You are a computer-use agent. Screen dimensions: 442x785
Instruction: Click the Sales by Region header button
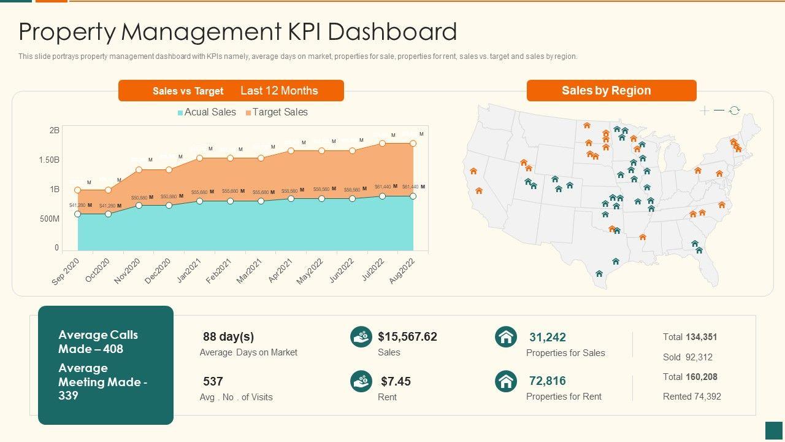(x=611, y=91)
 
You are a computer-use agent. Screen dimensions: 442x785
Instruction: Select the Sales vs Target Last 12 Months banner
(x=231, y=91)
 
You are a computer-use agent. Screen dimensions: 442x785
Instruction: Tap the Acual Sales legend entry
(x=207, y=112)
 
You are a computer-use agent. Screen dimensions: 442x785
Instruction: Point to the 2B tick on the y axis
(x=55, y=130)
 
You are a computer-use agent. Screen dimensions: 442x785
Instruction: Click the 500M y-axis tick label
(x=50, y=219)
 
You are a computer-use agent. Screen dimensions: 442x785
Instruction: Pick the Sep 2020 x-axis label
(x=66, y=271)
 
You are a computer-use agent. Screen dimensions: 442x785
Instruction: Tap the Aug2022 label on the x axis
(x=403, y=270)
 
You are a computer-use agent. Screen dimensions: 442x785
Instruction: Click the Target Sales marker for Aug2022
(x=413, y=143)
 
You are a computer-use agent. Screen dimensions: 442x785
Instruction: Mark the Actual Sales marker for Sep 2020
(x=78, y=214)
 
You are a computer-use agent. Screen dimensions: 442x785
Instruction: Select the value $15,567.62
(x=407, y=336)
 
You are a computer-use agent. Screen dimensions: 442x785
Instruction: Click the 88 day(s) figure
(x=228, y=336)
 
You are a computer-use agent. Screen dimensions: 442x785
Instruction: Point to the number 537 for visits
(x=213, y=381)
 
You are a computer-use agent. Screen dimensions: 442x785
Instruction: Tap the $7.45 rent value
(x=396, y=381)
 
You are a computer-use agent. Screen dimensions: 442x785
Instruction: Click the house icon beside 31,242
(x=506, y=337)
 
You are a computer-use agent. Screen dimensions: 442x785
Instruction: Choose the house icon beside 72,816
(x=506, y=381)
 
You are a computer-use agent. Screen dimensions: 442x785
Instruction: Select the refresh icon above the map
(x=734, y=110)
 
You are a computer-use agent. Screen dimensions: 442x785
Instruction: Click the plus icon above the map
(x=705, y=110)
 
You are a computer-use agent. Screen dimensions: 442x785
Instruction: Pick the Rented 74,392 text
(x=692, y=397)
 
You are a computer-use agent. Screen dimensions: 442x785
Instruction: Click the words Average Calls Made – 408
(x=98, y=342)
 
